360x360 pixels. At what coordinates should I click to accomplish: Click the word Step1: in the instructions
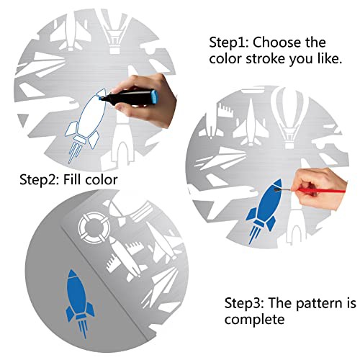[x=229, y=43]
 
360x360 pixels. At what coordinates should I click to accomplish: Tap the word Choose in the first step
[x=277, y=42]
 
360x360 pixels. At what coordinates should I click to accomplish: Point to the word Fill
[x=72, y=179]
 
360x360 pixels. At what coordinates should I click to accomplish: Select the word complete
[x=255, y=320]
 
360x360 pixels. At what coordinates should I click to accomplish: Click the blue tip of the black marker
[x=100, y=98]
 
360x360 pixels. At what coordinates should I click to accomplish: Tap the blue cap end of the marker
[x=155, y=96]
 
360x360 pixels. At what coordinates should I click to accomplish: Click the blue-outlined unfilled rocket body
[x=92, y=114]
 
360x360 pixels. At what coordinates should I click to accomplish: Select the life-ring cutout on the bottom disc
[x=94, y=228]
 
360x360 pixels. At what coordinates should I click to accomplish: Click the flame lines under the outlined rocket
[x=74, y=153]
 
